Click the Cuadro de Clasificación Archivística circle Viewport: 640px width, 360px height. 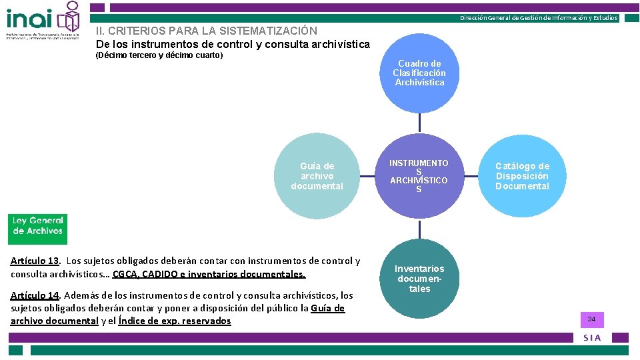point(419,73)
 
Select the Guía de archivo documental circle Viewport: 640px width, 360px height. point(317,176)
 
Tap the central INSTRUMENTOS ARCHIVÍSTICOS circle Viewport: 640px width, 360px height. point(419,176)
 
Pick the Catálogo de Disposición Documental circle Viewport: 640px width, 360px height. point(522,176)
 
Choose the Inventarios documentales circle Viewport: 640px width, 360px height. point(419,279)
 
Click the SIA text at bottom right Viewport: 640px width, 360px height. point(592,338)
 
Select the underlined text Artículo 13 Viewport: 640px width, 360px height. point(35,261)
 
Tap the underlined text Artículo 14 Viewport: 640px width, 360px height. point(35,295)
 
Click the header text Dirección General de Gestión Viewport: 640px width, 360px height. point(539,18)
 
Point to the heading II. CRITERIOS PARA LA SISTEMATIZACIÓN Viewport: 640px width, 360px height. point(207,31)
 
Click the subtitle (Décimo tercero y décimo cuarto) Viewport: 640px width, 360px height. point(159,55)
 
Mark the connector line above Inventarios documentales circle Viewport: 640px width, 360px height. point(419,230)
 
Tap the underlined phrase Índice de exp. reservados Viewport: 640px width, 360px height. point(175,321)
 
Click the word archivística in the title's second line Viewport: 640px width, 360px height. point(337,44)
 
